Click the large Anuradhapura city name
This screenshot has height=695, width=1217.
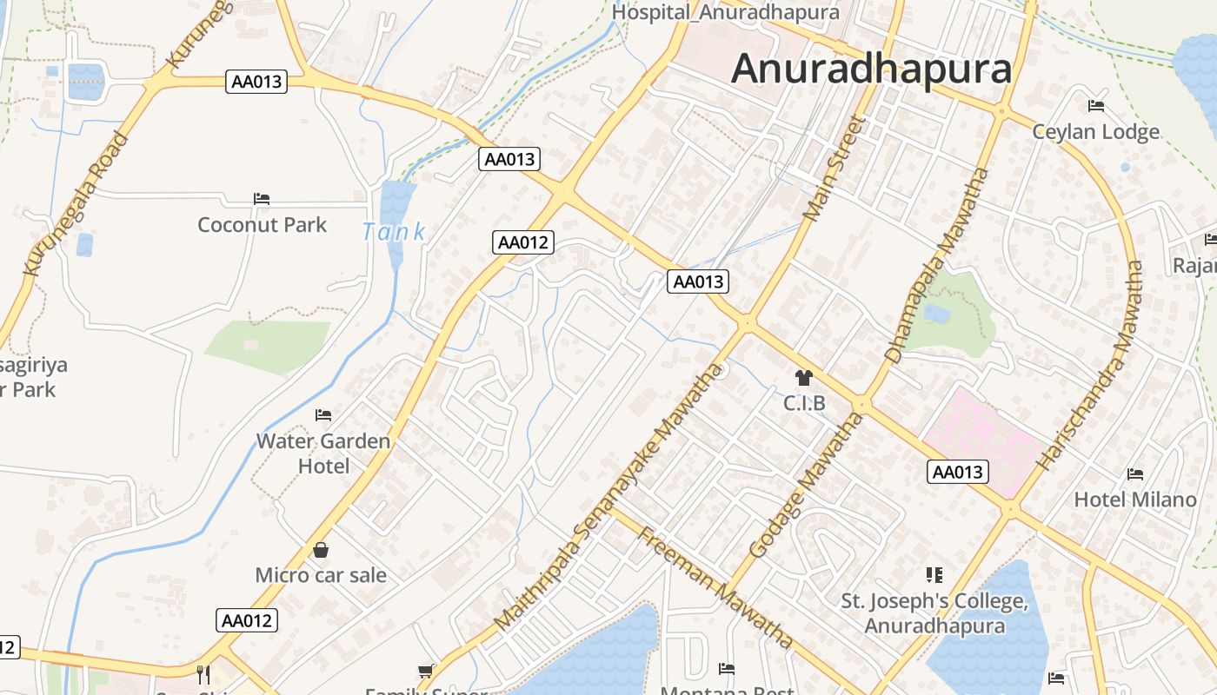tap(871, 69)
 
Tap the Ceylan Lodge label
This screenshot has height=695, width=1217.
tap(1095, 132)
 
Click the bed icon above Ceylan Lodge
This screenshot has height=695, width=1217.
tap(1096, 106)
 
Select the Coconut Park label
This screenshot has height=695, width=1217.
tap(262, 225)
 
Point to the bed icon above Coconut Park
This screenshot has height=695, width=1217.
tap(262, 198)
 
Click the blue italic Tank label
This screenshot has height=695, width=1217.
tap(394, 232)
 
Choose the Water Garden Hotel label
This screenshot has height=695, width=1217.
tap(323, 453)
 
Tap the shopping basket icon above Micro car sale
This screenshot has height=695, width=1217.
tap(321, 550)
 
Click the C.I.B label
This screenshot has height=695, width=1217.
tap(804, 403)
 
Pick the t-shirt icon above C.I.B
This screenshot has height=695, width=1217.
tap(803, 377)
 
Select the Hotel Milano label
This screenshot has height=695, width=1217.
tap(1135, 500)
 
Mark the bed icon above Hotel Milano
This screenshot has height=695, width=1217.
tap(1135, 473)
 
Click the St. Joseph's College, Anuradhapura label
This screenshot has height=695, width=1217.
tap(934, 613)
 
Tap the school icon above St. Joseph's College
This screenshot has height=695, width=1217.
tap(934, 574)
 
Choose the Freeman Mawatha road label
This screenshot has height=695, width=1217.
tap(715, 586)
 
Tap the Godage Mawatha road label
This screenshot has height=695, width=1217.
tap(806, 485)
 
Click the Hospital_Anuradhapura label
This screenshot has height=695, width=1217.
tap(726, 12)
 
